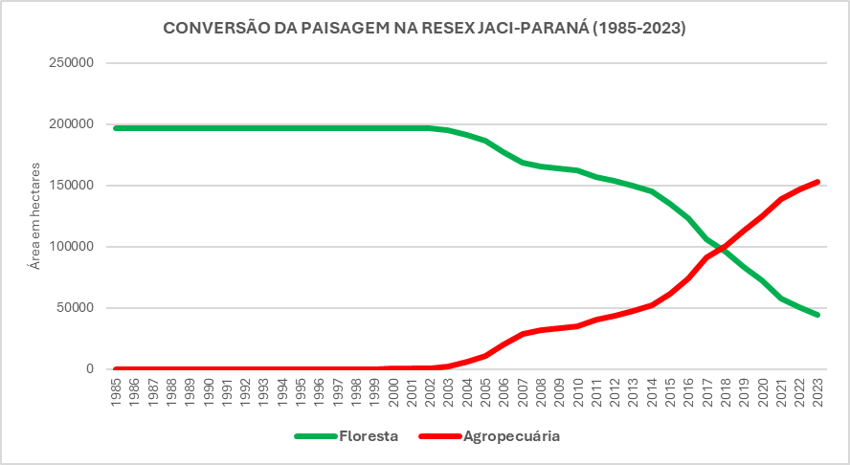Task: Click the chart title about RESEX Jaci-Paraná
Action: (x=425, y=29)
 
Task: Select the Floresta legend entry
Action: (x=345, y=436)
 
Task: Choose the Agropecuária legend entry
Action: (x=489, y=436)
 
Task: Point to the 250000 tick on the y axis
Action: (x=71, y=63)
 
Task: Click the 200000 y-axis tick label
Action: (x=71, y=124)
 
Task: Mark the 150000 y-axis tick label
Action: (x=71, y=186)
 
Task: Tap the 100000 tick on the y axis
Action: (x=71, y=247)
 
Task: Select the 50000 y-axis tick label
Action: (x=75, y=308)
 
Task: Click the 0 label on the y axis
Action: (x=89, y=369)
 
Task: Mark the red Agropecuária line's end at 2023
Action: (x=817, y=182)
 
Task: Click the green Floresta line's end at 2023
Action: (x=817, y=315)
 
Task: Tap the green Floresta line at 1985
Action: (x=116, y=127)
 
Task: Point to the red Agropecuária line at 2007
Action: (x=522, y=334)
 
